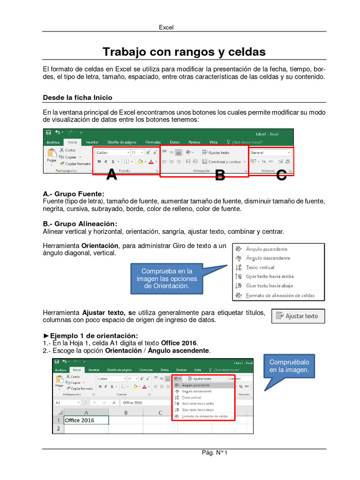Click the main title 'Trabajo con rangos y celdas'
coord(184,52)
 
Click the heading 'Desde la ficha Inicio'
coord(77,97)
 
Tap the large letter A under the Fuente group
coord(112,175)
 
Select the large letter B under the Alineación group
coord(220,176)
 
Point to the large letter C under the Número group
coord(281,175)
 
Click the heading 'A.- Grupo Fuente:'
coord(73,194)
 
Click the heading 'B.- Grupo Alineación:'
coord(80,224)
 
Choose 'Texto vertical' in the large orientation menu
coord(261,267)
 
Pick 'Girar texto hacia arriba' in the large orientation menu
coord(270,277)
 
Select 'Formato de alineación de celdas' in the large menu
coord(280,295)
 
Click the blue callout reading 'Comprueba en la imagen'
coord(167,278)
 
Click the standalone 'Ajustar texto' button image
coord(298,316)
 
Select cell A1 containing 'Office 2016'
coord(86,420)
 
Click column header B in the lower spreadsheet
coord(126,412)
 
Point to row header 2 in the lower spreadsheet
coord(58,429)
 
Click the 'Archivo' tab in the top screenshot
coord(53,142)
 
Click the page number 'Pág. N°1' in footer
coord(214,453)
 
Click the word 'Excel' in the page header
coord(166,27)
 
